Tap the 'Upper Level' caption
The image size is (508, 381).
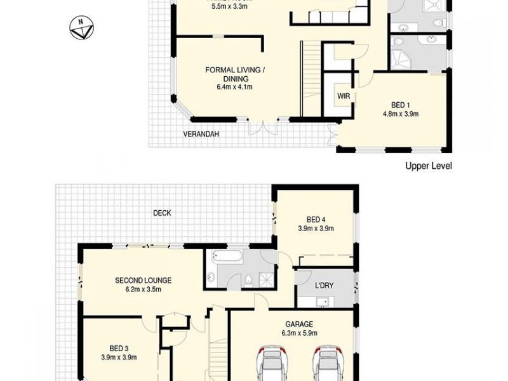click(x=429, y=166)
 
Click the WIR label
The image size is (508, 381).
click(x=344, y=96)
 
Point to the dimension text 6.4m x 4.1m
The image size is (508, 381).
click(x=234, y=87)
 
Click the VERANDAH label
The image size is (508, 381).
click(x=201, y=135)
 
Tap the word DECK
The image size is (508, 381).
click(x=162, y=213)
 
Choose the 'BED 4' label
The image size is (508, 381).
click(x=316, y=220)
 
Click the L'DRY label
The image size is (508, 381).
click(x=324, y=286)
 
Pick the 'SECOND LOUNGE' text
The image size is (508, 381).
click(x=143, y=280)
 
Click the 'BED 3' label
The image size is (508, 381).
click(x=119, y=348)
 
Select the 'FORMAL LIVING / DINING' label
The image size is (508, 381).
click(x=235, y=74)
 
